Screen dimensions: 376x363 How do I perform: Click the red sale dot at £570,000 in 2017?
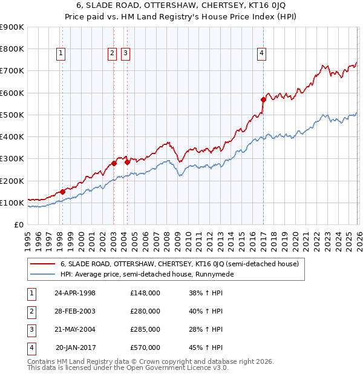(263, 99)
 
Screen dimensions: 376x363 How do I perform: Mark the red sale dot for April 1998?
(62, 192)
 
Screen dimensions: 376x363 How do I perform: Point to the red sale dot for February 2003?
(114, 163)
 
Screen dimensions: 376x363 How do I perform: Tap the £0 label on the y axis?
(18, 224)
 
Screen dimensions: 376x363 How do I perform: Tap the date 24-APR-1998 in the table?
(75, 293)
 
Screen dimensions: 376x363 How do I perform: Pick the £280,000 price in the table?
(145, 311)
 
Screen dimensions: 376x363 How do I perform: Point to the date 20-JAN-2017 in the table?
(75, 347)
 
